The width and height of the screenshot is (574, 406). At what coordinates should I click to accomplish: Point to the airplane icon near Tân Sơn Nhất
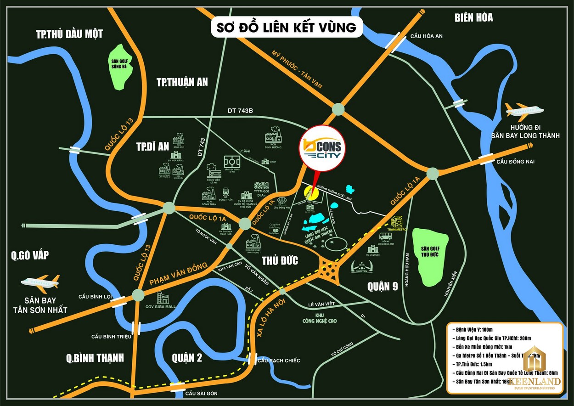tap(40, 283)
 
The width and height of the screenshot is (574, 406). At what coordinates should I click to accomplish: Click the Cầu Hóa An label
tap(427, 36)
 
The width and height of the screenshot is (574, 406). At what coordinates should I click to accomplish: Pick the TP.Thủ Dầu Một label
tap(69, 34)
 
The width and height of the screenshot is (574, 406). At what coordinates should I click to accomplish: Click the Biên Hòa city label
tap(473, 18)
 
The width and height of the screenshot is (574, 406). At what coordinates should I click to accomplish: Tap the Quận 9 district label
tap(382, 286)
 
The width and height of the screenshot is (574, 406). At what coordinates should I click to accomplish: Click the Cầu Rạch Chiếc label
tap(279, 361)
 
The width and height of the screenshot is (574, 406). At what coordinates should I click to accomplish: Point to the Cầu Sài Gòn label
tap(201, 394)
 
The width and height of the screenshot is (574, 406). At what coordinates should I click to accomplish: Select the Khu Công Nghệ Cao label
tap(320, 318)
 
